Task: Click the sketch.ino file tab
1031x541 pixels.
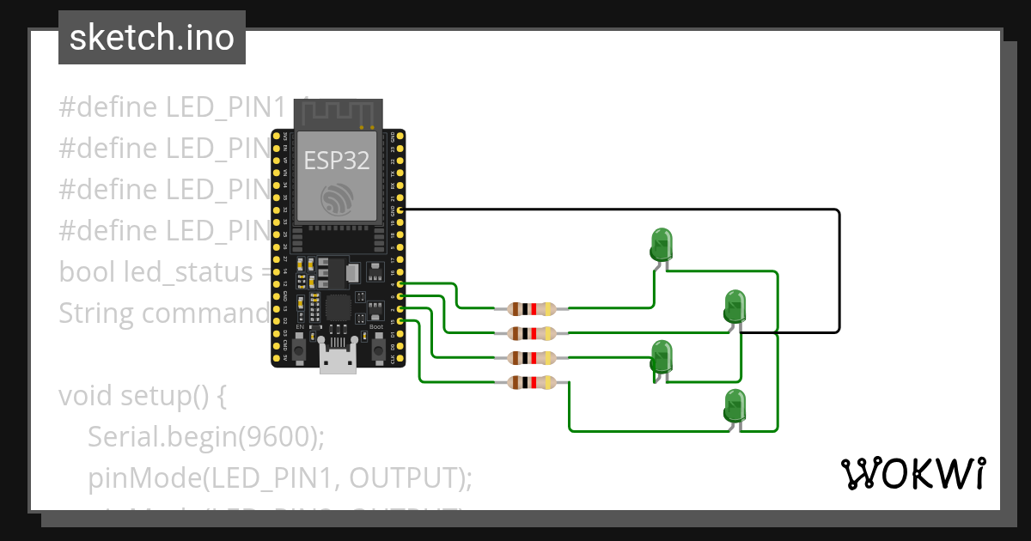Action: (151, 38)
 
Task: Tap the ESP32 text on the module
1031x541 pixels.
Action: (337, 160)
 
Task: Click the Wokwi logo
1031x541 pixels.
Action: (912, 473)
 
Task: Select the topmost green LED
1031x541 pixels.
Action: (661, 245)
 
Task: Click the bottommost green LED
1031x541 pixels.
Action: (734, 405)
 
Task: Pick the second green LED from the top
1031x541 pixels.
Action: (734, 307)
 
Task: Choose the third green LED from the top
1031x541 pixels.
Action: (661, 356)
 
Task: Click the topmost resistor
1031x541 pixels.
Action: (533, 308)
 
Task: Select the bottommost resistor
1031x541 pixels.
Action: (533, 382)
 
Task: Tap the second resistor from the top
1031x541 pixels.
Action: (533, 332)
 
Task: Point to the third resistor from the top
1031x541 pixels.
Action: (533, 357)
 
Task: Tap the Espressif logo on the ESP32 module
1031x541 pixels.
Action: (337, 198)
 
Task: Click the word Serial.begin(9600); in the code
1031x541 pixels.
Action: (205, 437)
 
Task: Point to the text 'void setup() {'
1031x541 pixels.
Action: (142, 396)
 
